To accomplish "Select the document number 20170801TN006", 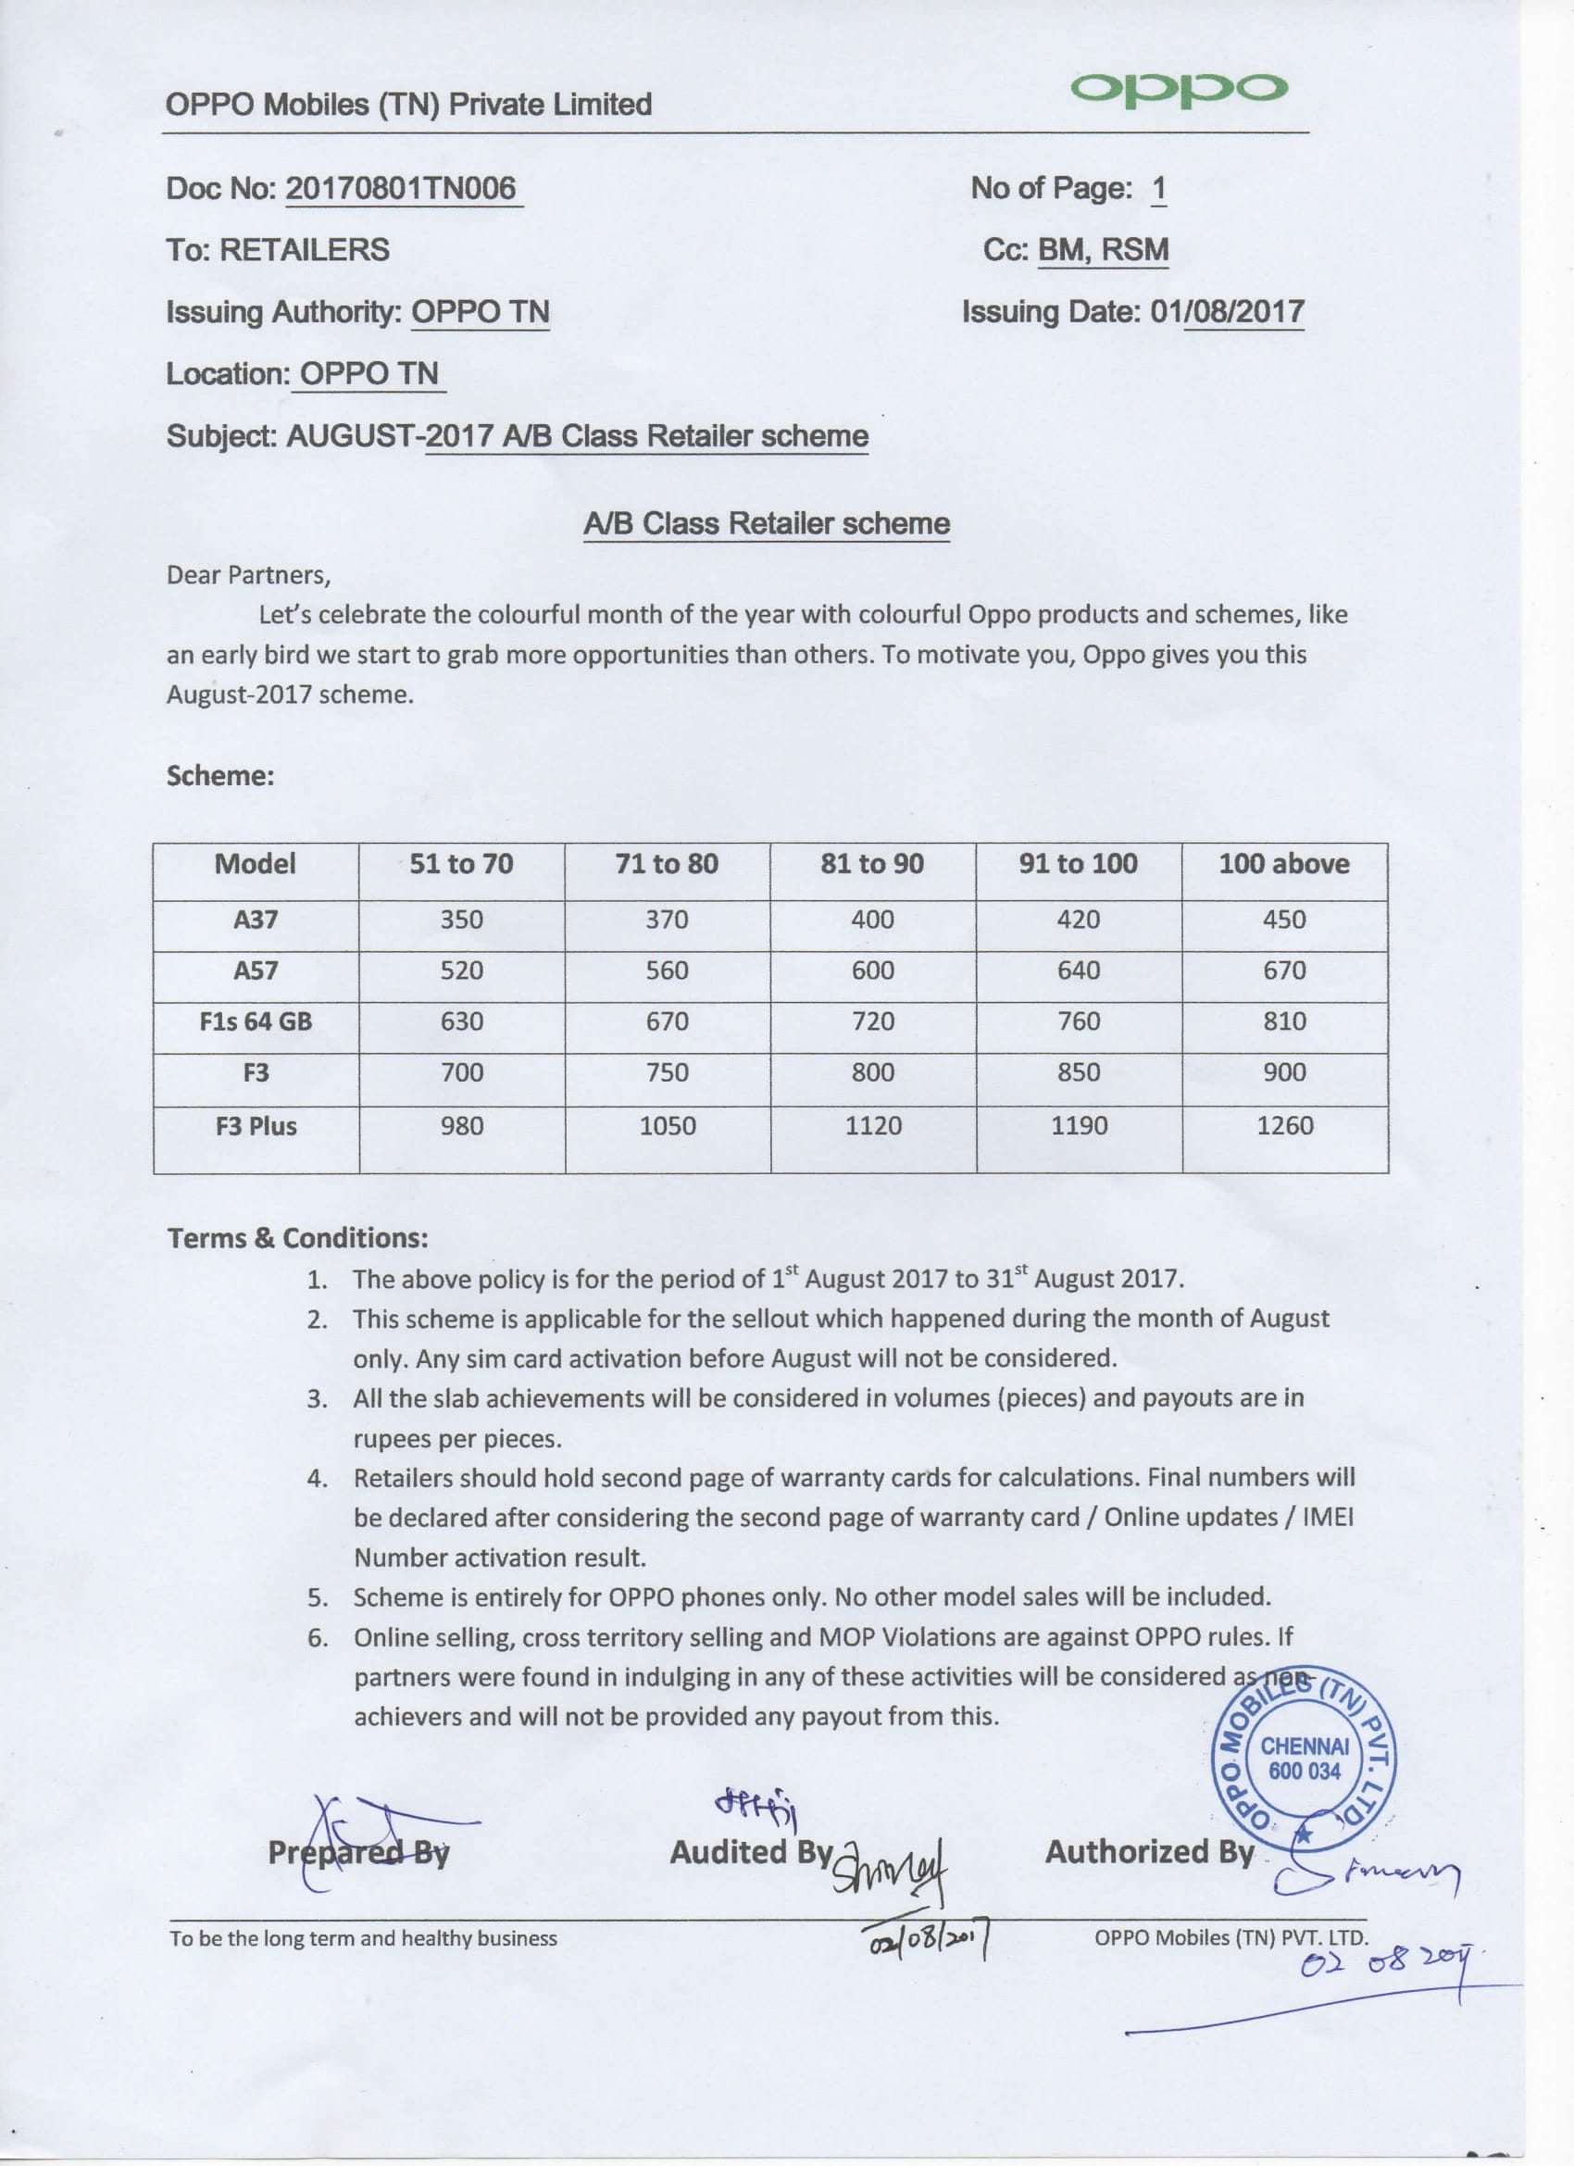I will click(401, 188).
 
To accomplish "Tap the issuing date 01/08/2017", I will click(1228, 311).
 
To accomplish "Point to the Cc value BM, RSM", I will click(1103, 250).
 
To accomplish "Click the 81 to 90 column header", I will click(872, 864).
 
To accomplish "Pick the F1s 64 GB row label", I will click(256, 1020).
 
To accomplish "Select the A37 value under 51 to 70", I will click(461, 920).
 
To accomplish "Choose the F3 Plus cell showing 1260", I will click(1284, 1126).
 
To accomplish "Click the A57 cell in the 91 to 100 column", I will click(1079, 970).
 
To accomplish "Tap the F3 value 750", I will click(667, 1072).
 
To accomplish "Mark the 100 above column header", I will click(1283, 864).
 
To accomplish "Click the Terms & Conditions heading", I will click(297, 1239).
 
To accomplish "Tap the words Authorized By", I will click(1149, 1852).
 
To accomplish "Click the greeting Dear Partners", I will click(248, 575).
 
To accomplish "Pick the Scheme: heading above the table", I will click(219, 775).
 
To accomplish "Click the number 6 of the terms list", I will click(317, 1638).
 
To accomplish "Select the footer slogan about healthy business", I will click(363, 1939).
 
